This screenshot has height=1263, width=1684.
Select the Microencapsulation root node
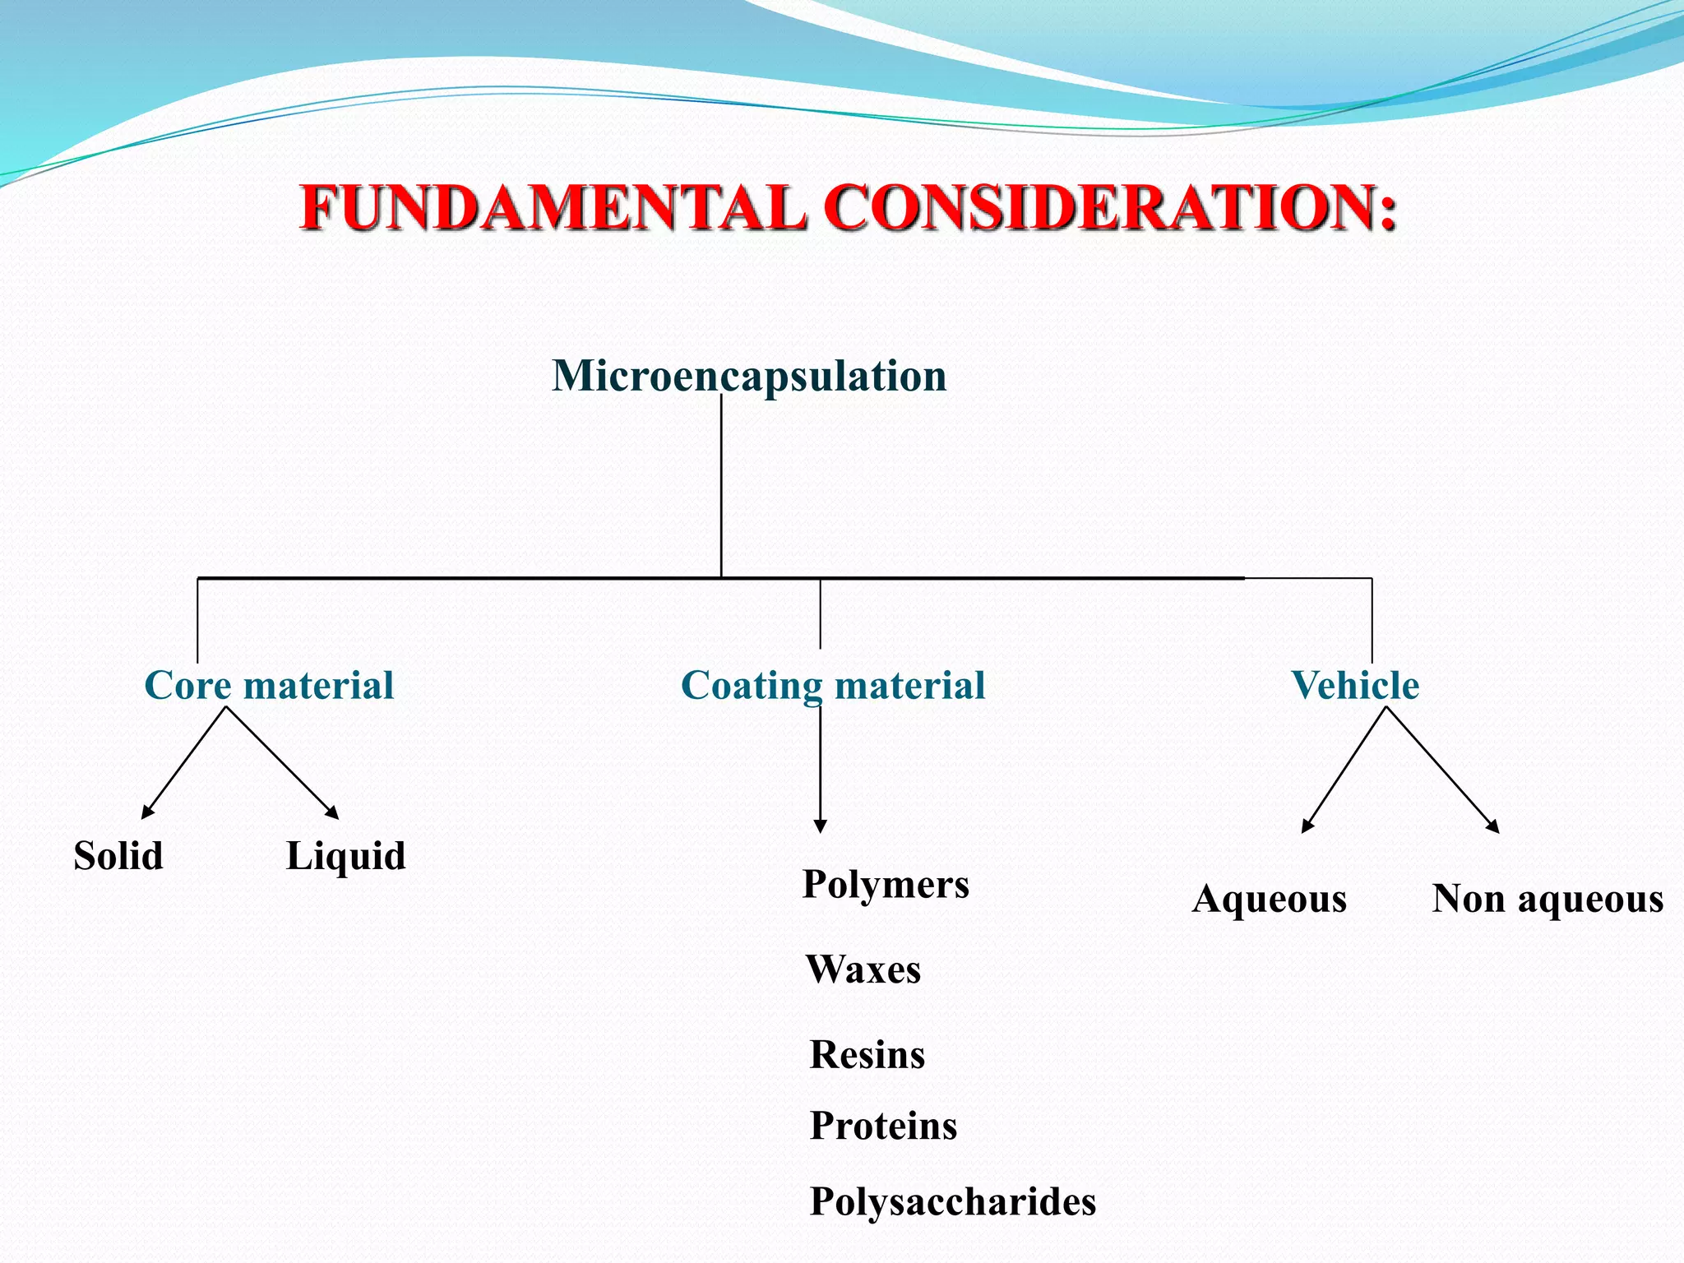click(749, 376)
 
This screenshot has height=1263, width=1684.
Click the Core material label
click(269, 685)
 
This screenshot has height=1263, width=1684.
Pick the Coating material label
click(833, 685)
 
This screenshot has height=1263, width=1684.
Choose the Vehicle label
click(1355, 685)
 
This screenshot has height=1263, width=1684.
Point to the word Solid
click(118, 856)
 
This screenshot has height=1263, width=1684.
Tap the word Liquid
click(345, 856)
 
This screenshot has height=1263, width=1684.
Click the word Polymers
click(886, 885)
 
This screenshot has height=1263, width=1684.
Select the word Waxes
click(863, 969)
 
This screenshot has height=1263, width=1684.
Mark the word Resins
click(867, 1055)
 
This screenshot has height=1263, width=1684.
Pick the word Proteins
click(884, 1126)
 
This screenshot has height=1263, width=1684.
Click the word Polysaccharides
click(953, 1201)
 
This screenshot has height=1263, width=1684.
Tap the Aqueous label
click(1270, 899)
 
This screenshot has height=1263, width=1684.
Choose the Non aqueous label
click(1548, 899)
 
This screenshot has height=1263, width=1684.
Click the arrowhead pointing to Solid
click(147, 812)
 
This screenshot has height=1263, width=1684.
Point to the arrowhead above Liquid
click(333, 812)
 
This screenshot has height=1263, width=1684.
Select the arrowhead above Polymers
click(820, 826)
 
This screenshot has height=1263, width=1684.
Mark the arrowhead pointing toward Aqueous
click(1307, 826)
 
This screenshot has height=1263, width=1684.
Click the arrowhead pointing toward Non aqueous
click(1493, 827)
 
